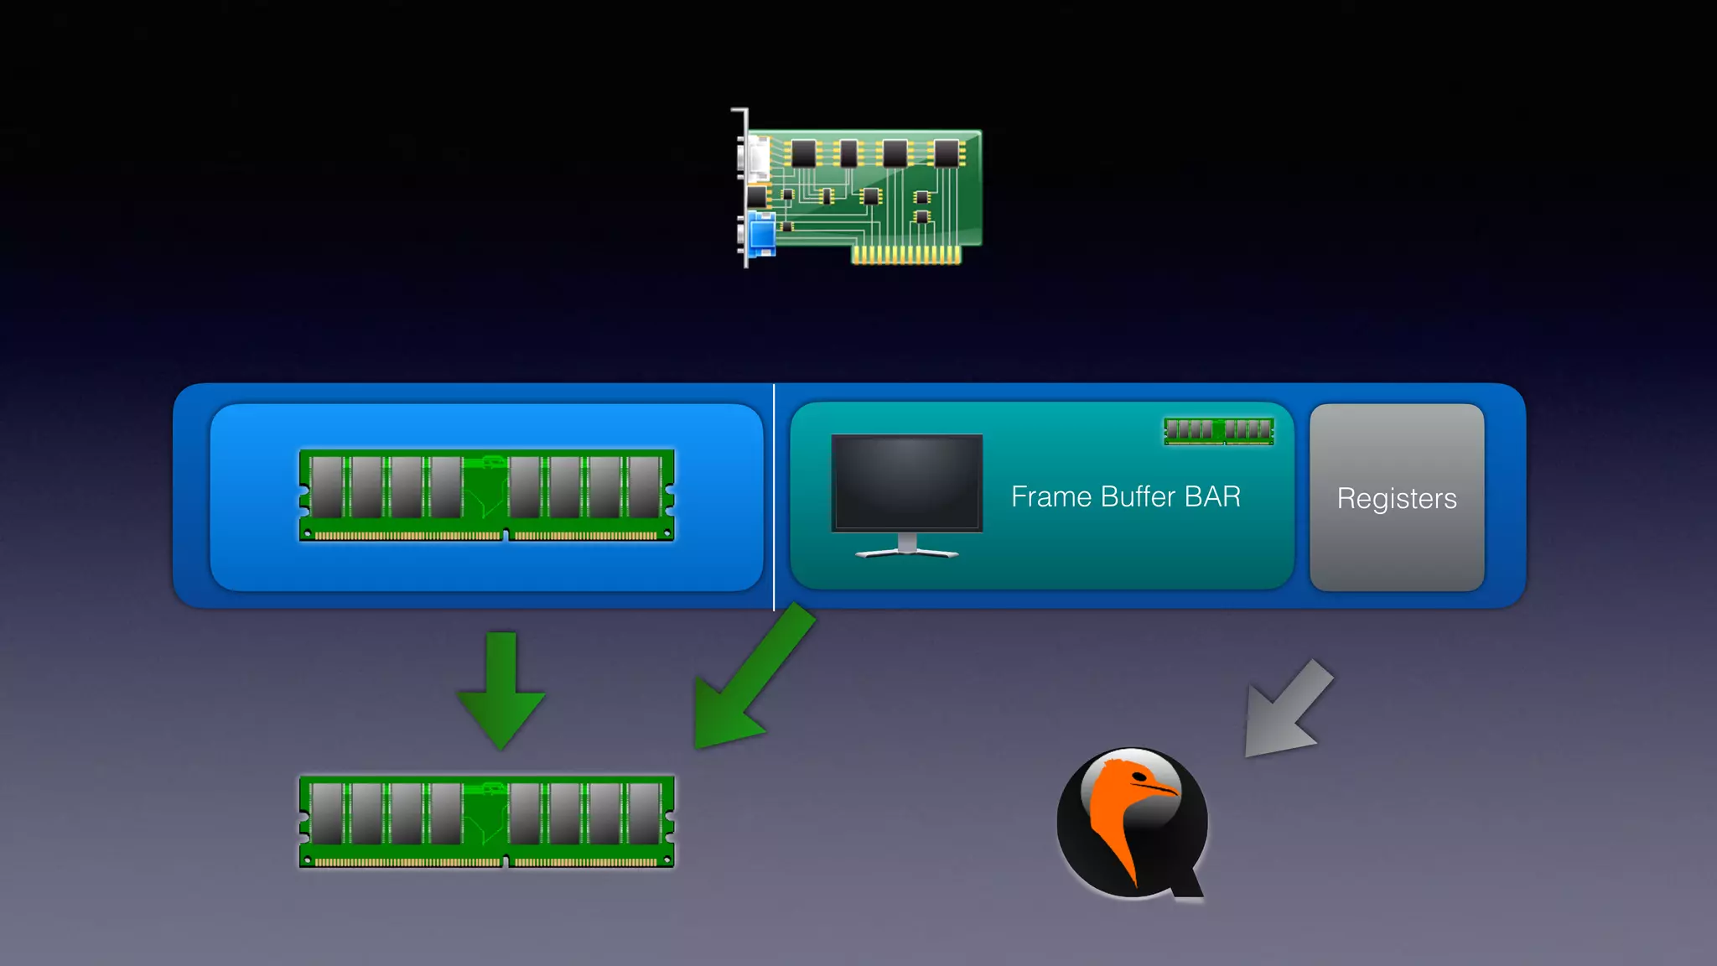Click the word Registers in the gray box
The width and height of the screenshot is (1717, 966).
(x=1397, y=498)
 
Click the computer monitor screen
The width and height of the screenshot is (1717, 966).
(x=906, y=482)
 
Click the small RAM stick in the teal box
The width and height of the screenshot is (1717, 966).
(x=1219, y=431)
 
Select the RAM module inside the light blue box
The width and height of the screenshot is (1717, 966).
(x=486, y=496)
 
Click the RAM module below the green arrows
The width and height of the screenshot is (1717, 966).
(x=486, y=822)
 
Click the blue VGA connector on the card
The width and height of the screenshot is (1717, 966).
(x=761, y=234)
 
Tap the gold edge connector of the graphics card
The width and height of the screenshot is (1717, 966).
(x=906, y=255)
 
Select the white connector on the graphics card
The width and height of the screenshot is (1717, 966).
(x=758, y=158)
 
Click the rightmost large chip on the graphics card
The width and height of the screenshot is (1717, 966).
(x=947, y=153)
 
